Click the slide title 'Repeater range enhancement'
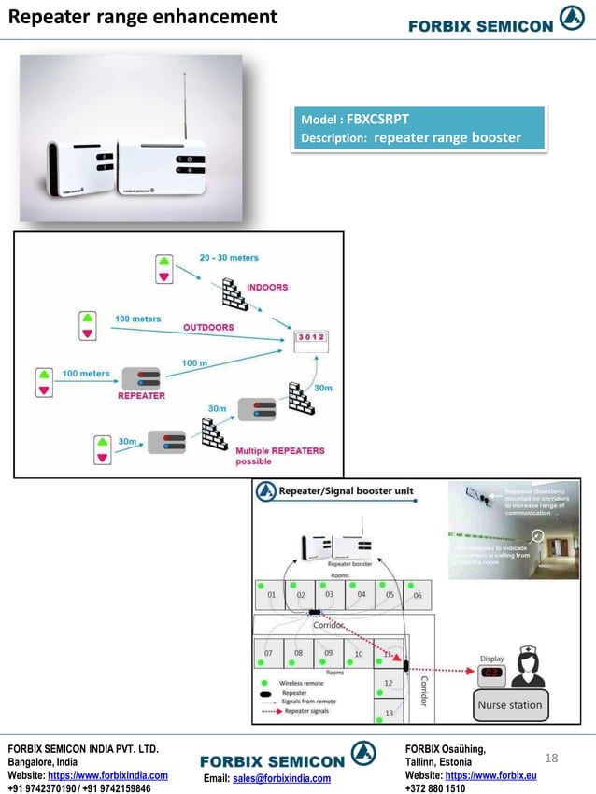tap(143, 17)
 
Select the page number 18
tap(550, 757)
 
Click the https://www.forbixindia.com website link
tap(107, 775)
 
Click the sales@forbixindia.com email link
tap(281, 778)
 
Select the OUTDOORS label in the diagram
tap(207, 327)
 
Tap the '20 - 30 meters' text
tap(229, 258)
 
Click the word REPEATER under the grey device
tap(141, 395)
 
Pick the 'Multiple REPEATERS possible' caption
tap(279, 456)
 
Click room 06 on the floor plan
tap(418, 596)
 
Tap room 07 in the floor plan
tap(268, 653)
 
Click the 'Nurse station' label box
tap(509, 705)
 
